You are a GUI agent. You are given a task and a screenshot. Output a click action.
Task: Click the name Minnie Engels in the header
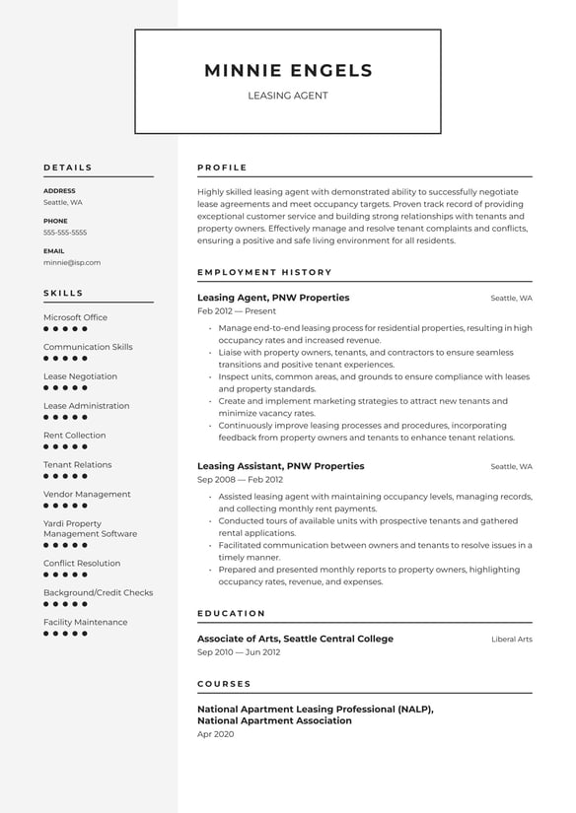pyautogui.click(x=288, y=71)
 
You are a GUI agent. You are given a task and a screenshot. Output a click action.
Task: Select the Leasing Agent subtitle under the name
pyautogui.click(x=288, y=96)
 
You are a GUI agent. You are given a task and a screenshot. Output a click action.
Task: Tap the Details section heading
pyautogui.click(x=68, y=168)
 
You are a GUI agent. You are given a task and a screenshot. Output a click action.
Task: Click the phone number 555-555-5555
pyautogui.click(x=65, y=233)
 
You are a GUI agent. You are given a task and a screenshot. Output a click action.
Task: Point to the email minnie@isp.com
pyautogui.click(x=72, y=263)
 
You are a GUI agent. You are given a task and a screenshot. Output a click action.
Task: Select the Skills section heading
pyautogui.click(x=64, y=293)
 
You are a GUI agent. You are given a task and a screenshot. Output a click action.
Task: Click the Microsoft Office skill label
pyautogui.click(x=76, y=317)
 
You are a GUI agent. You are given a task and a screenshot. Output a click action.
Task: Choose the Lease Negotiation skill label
pyautogui.click(x=80, y=376)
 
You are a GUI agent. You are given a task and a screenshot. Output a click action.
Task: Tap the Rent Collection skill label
pyautogui.click(x=75, y=436)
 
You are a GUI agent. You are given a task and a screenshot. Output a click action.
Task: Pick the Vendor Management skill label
pyautogui.click(x=87, y=495)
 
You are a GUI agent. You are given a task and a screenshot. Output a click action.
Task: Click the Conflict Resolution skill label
pyautogui.click(x=82, y=564)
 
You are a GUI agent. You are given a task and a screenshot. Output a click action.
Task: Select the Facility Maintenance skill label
pyautogui.click(x=86, y=623)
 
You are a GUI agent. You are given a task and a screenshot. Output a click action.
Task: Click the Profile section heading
pyautogui.click(x=223, y=168)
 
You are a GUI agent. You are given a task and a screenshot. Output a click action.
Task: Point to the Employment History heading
pyautogui.click(x=265, y=272)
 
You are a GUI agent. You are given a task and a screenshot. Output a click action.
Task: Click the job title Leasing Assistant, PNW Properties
pyautogui.click(x=281, y=466)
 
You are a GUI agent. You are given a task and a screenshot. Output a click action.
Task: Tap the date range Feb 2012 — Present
pyautogui.click(x=237, y=311)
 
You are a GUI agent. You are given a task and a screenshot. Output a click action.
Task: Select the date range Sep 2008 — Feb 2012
pyautogui.click(x=240, y=480)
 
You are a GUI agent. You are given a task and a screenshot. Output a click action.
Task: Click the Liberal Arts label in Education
pyautogui.click(x=512, y=640)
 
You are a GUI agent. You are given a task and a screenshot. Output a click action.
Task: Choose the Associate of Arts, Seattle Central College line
pyautogui.click(x=295, y=639)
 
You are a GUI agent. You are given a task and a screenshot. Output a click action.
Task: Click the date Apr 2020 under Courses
pyautogui.click(x=216, y=735)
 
